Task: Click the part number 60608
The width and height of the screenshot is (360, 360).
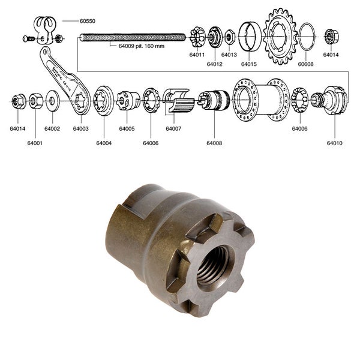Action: tap(305, 63)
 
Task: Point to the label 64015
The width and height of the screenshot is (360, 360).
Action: tap(249, 63)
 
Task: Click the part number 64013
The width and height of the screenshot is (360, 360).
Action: tap(229, 55)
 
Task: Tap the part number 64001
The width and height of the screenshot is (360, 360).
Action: tap(35, 143)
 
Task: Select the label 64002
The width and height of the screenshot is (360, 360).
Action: tap(52, 128)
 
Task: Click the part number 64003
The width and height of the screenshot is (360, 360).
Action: tap(80, 128)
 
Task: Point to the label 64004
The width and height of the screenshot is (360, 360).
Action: tap(104, 143)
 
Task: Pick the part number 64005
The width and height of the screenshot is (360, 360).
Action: tap(127, 128)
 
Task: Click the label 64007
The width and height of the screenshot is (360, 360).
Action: tap(174, 128)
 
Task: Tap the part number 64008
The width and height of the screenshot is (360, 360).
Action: tap(214, 143)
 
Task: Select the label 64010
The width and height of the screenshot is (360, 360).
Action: tap(335, 143)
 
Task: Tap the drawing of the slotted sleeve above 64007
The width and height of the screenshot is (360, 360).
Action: tap(178, 101)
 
